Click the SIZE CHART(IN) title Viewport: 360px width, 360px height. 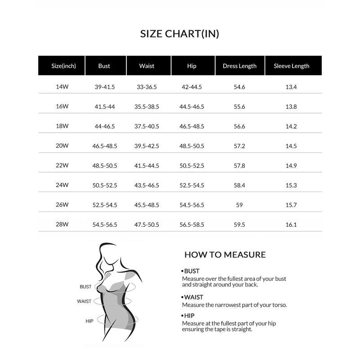pyautogui.click(x=180, y=34)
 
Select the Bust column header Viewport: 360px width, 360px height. pyautogui.click(x=104, y=66)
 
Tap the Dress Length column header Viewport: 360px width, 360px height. pyautogui.click(x=239, y=66)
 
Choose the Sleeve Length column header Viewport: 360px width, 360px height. pyautogui.click(x=291, y=66)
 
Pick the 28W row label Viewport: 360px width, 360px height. pyautogui.click(x=62, y=225)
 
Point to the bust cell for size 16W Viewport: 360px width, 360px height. pyautogui.click(x=104, y=107)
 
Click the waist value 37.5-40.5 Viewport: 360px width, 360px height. pyautogui.click(x=148, y=126)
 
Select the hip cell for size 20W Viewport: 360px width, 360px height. pyautogui.click(x=192, y=146)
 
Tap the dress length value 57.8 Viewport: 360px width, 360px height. pyautogui.click(x=239, y=166)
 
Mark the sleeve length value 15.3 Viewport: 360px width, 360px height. pyautogui.click(x=291, y=185)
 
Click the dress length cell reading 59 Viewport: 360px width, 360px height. pyautogui.click(x=239, y=205)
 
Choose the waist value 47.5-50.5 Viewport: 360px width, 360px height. pyautogui.click(x=148, y=225)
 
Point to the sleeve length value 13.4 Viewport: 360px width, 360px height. pyautogui.click(x=291, y=87)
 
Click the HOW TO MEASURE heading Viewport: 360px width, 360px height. pyautogui.click(x=225, y=255)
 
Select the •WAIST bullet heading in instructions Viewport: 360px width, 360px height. pyautogui.click(x=193, y=297)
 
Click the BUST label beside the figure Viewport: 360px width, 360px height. pyautogui.click(x=85, y=287)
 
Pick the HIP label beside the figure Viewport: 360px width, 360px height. pyautogui.click(x=89, y=321)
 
